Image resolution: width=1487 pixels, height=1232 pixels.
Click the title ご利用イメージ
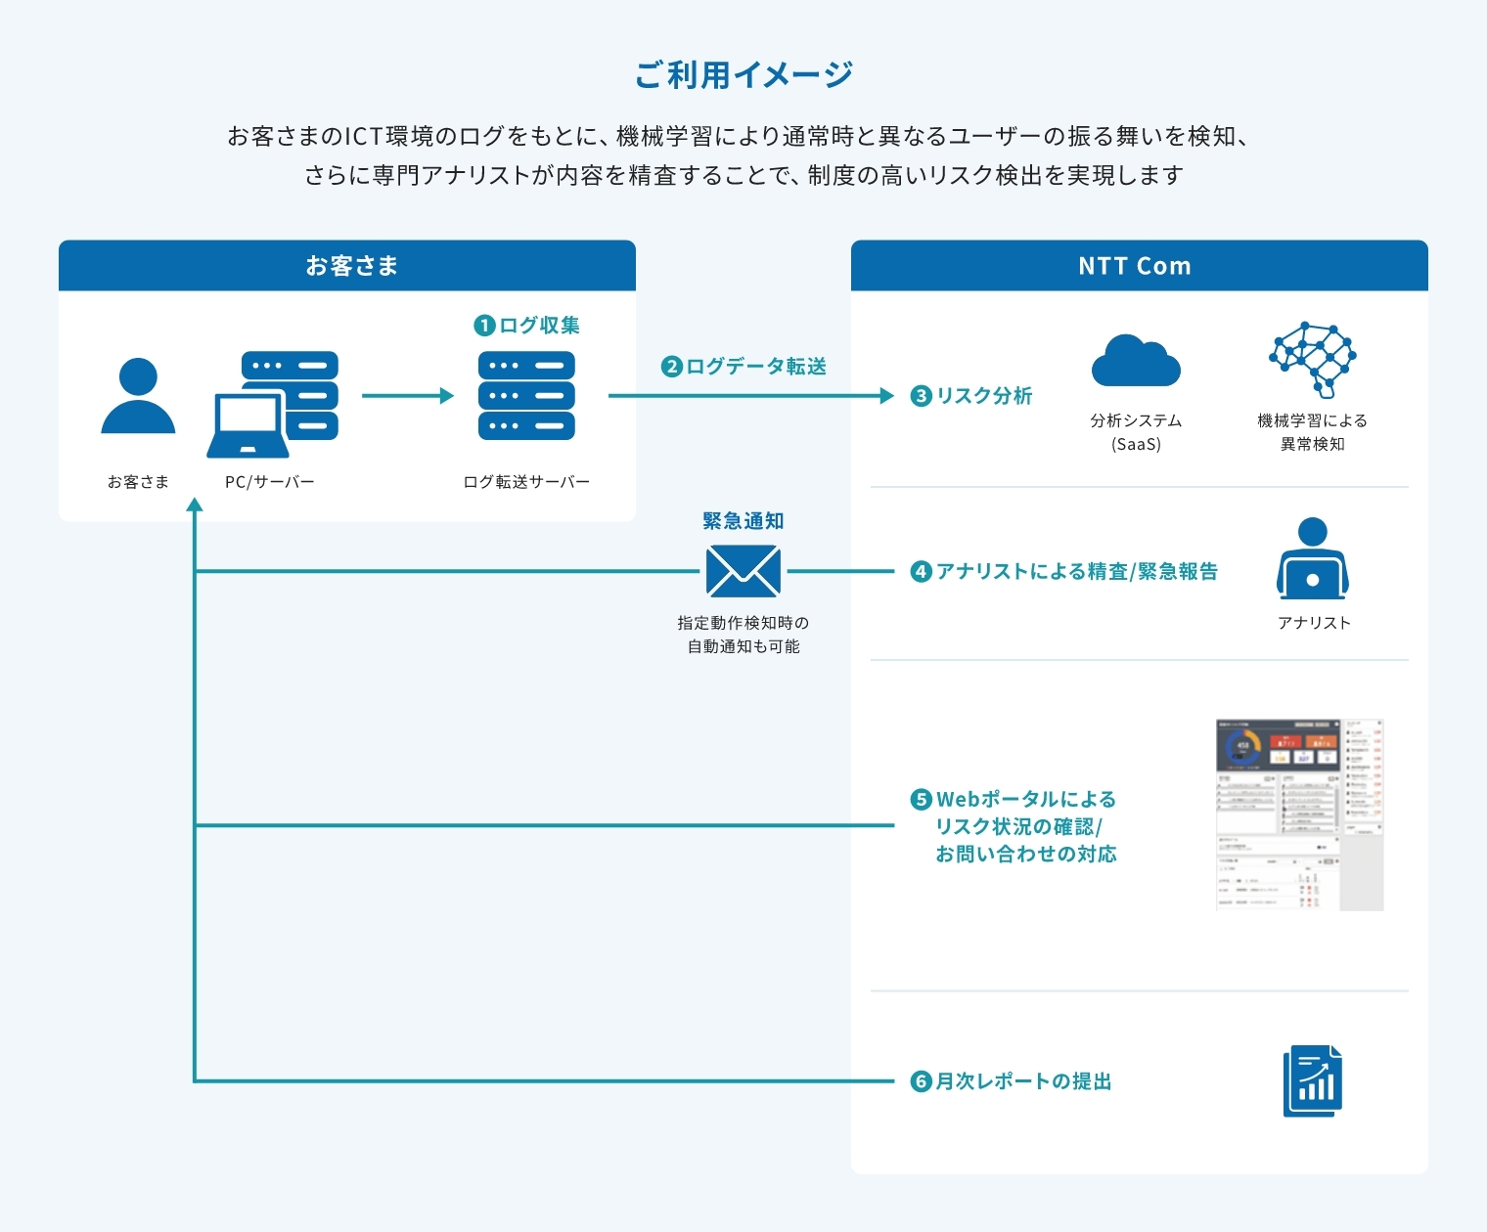pyautogui.click(x=743, y=74)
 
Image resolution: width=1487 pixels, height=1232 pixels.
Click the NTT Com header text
pyautogui.click(x=1135, y=266)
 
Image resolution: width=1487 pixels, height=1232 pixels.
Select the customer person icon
pyautogui.click(x=138, y=396)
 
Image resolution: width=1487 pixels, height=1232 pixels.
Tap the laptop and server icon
pyautogui.click(x=273, y=404)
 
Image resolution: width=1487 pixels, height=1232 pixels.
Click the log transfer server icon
pyautogui.click(x=526, y=396)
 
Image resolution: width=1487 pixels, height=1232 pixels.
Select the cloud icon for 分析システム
pyautogui.click(x=1136, y=362)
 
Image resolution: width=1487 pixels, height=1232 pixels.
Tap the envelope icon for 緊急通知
pyautogui.click(x=743, y=571)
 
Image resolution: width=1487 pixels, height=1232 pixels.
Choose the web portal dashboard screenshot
pyautogui.click(x=1299, y=814)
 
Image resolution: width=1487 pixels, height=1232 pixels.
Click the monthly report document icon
pyautogui.click(x=1312, y=1080)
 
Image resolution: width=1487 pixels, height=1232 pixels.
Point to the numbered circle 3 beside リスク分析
pyautogui.click(x=921, y=396)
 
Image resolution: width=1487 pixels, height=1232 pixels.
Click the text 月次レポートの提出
pyautogui.click(x=1023, y=1081)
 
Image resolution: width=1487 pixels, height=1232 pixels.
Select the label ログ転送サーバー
pyautogui.click(x=526, y=482)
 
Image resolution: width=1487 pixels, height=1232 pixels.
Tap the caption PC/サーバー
pyautogui.click(x=270, y=482)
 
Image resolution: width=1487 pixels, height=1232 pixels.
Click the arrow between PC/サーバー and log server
pyautogui.click(x=407, y=396)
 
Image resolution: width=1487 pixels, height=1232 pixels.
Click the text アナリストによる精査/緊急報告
pyautogui.click(x=1076, y=572)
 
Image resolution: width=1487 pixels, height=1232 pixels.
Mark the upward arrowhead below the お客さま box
pyautogui.click(x=195, y=505)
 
